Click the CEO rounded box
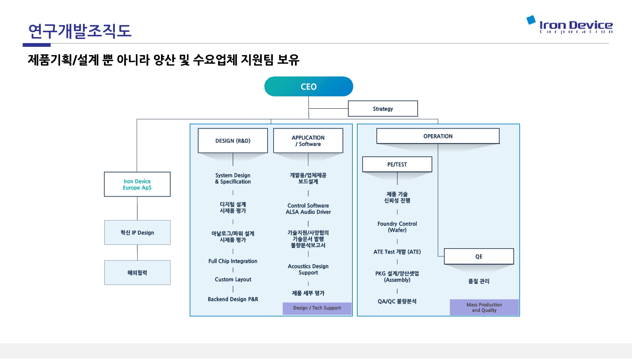point(308,87)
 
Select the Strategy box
point(383,109)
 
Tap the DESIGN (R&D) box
point(233,141)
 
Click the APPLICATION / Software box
point(308,141)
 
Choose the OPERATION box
point(438,136)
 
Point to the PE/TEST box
point(397,164)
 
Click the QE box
point(479,256)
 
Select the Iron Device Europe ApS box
point(137,184)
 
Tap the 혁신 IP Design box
point(137,232)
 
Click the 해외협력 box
point(137,273)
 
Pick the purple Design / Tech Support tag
point(317,308)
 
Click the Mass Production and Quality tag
point(484,307)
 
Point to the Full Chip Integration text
point(233,261)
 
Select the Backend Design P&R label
point(233,299)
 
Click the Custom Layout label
point(233,279)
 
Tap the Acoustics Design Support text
point(308,269)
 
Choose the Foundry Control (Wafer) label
point(397,226)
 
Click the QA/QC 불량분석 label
point(397,301)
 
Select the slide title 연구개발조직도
point(80,31)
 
